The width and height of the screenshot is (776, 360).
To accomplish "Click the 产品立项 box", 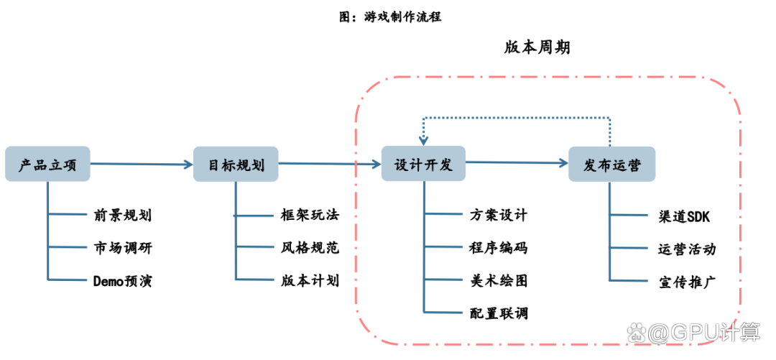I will [47, 165].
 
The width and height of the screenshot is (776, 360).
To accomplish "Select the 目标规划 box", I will [236, 165].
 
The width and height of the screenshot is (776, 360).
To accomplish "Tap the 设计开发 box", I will [424, 164].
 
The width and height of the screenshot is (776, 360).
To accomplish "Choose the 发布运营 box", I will [611, 165].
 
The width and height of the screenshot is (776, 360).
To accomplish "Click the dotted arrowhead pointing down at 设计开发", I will [423, 139].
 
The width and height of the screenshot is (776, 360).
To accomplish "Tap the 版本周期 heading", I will [537, 47].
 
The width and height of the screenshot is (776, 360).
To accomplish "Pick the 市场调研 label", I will [122, 248].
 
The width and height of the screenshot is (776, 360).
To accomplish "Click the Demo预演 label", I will [122, 281].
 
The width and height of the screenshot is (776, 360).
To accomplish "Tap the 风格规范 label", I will [310, 248].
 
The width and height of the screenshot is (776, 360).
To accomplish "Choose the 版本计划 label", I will [310, 280].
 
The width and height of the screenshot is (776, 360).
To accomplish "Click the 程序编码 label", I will [498, 248].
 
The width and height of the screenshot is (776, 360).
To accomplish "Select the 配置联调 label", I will [498, 313].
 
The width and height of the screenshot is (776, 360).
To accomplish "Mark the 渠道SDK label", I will [684, 215].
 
